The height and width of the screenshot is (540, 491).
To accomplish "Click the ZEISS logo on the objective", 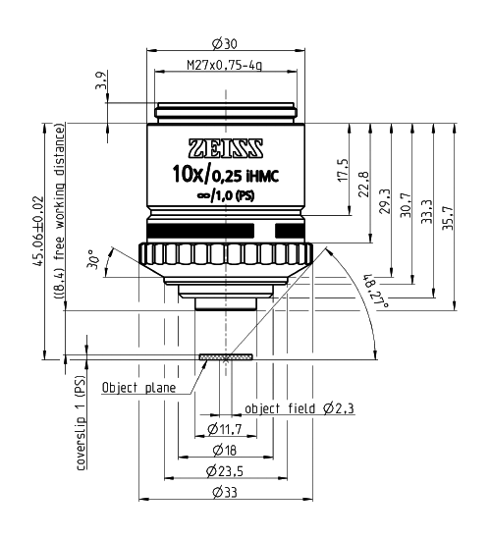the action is [x=226, y=148].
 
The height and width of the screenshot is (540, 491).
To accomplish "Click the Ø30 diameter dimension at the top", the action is [x=225, y=44].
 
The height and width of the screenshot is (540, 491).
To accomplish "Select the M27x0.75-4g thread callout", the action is [x=224, y=65].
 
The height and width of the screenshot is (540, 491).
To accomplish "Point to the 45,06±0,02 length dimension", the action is [x=38, y=231].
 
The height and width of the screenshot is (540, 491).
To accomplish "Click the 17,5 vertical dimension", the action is [x=343, y=171].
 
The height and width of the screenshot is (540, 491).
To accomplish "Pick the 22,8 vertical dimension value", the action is [x=364, y=185].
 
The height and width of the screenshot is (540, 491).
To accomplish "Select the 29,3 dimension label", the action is [x=385, y=201].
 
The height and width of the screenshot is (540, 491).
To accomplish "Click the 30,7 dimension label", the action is [x=406, y=204].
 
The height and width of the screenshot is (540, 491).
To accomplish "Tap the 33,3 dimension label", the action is [x=426, y=211].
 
